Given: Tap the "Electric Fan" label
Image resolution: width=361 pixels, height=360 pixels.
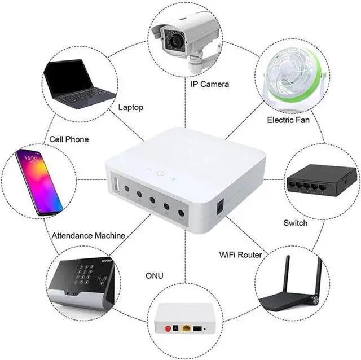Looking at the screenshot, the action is [x=288, y=120].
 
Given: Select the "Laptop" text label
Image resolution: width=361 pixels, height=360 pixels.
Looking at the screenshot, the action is [x=131, y=107].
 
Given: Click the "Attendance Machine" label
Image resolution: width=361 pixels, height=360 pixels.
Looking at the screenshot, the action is [x=89, y=235].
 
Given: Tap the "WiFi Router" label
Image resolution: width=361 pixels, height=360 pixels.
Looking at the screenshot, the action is [x=240, y=255].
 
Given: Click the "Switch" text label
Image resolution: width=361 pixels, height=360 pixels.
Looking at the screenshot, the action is [x=296, y=223].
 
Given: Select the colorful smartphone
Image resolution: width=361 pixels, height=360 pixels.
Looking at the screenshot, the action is [x=39, y=182].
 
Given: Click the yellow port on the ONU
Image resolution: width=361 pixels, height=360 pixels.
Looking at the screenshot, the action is [x=185, y=327].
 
